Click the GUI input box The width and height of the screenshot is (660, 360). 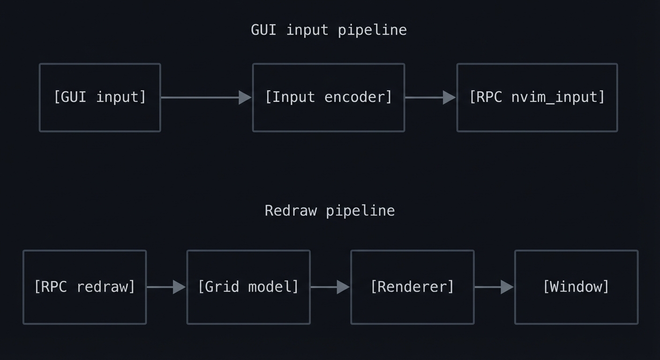click(100, 97)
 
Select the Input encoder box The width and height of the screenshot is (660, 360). click(328, 97)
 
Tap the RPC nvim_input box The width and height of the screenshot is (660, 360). click(537, 97)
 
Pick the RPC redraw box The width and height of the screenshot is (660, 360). click(84, 287)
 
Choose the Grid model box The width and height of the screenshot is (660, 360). click(248, 287)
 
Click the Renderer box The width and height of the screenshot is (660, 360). click(412, 287)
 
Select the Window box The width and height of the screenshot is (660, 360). click(576, 287)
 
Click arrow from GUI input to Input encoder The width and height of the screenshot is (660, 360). click(206, 97)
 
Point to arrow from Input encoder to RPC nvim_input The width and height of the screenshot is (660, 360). click(430, 97)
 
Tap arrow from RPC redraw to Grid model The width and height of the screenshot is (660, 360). click(166, 287)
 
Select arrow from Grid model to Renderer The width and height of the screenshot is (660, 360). click(330, 287)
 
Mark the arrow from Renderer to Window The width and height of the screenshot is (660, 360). click(494, 287)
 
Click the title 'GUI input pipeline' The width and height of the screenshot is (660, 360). click(329, 30)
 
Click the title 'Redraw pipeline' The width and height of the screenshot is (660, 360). click(330, 210)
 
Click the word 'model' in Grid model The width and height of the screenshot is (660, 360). click(273, 286)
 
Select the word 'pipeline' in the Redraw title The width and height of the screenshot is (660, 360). click(360, 210)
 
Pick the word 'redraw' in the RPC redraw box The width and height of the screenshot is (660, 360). click(105, 286)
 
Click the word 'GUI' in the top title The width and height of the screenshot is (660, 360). click(263, 30)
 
